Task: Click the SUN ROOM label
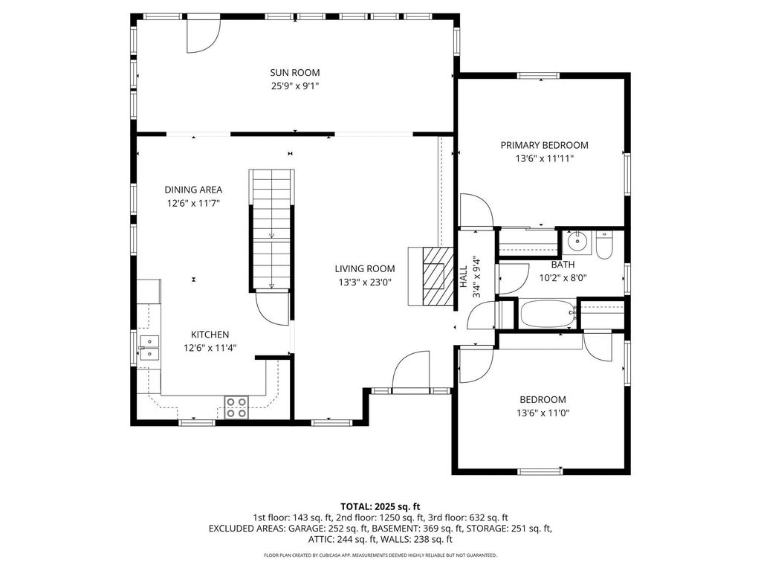click(x=294, y=73)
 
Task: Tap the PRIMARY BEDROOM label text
click(x=545, y=145)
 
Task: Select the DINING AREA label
click(x=193, y=190)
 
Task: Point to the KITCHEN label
click(x=210, y=335)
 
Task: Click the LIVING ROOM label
click(x=365, y=268)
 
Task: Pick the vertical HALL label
click(x=464, y=277)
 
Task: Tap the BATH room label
click(x=563, y=265)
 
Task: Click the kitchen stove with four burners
click(x=236, y=407)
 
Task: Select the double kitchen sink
click(x=149, y=348)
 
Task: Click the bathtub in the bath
click(x=548, y=314)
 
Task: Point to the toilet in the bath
click(x=604, y=246)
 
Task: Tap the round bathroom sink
click(x=577, y=242)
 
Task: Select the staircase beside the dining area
click(x=272, y=229)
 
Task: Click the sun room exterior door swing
click(x=204, y=36)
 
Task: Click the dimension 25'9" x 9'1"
click(x=294, y=86)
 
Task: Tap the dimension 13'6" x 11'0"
click(x=543, y=413)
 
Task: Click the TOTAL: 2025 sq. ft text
click(x=380, y=507)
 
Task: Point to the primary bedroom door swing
click(x=476, y=210)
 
